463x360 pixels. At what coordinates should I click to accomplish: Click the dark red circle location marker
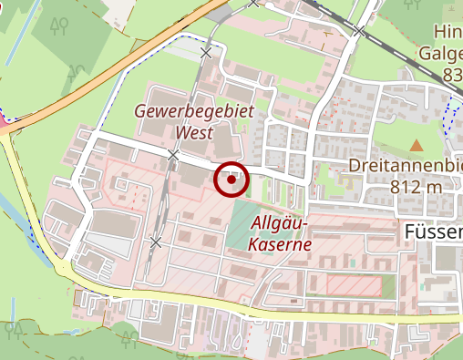(231, 180)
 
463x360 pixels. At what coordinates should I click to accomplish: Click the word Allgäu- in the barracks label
(283, 225)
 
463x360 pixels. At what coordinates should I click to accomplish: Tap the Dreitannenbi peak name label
(403, 167)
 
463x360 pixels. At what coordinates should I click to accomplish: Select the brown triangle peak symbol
(417, 145)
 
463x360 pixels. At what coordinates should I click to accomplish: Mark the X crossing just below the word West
(173, 155)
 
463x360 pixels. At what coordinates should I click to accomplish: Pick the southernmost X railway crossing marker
(157, 242)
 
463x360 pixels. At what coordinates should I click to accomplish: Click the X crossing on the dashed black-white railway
(360, 32)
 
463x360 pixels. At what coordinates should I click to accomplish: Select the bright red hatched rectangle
(354, 285)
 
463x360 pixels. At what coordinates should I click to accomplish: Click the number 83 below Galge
(450, 74)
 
